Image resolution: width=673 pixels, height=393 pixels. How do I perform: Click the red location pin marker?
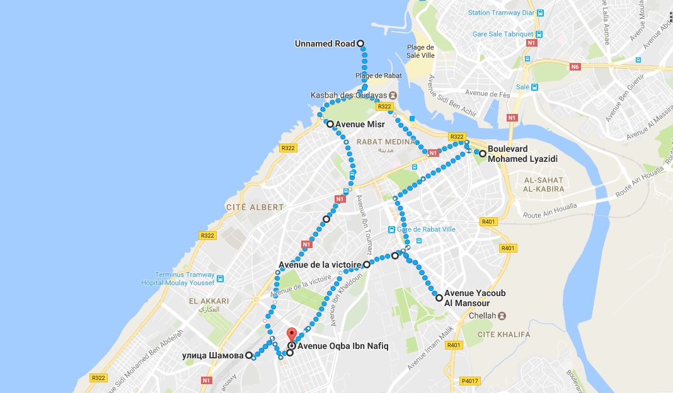click(290, 335)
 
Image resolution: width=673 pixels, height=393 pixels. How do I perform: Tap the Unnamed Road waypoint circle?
click(361, 43)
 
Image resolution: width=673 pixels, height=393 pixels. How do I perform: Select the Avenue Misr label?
click(360, 125)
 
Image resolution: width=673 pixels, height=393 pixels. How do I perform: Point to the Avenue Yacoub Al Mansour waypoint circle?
click(439, 297)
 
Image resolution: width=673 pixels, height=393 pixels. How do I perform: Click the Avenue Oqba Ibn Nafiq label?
click(343, 346)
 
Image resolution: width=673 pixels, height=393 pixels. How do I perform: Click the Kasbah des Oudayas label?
click(348, 95)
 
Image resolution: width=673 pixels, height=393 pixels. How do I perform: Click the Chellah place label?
click(482, 316)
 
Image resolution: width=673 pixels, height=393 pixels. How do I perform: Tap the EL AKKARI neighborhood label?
click(209, 301)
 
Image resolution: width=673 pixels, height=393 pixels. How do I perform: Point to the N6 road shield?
click(575, 66)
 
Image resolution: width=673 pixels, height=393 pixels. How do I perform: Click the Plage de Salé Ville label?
click(421, 51)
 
